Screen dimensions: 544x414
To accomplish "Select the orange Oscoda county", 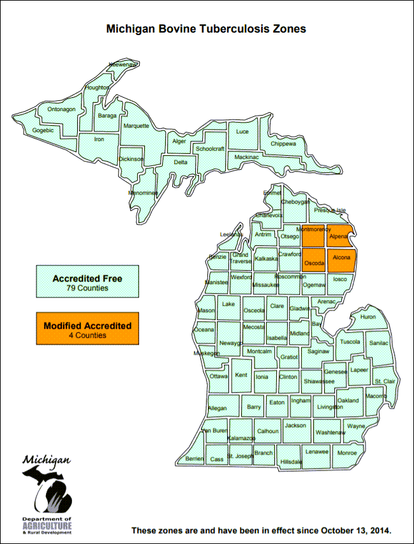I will point(314,262).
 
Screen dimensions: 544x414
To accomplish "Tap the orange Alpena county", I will point(339,236).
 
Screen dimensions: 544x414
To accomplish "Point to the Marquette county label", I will point(136,126).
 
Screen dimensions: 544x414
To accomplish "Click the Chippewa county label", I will point(283,144).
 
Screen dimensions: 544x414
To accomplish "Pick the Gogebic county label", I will point(43,130).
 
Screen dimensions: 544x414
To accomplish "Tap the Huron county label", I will point(368,317).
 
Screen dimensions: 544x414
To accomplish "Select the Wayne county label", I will point(356,426).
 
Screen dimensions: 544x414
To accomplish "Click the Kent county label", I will point(241,375).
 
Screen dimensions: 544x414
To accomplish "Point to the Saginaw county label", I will point(318,351).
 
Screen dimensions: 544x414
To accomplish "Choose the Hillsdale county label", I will point(290,461).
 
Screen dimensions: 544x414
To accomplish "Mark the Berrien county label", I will point(194,458).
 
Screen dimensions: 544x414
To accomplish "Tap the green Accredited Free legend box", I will point(87,283).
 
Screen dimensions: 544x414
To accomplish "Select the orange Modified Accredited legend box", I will point(87,329).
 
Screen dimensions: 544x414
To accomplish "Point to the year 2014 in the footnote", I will point(378,531).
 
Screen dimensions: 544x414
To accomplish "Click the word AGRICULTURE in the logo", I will point(47,527).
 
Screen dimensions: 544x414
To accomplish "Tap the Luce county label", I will point(242,132).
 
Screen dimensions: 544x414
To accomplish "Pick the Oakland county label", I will point(348,400).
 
